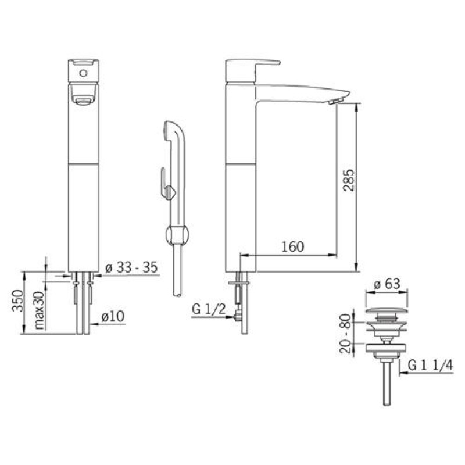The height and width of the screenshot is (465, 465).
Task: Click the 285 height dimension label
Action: click(348, 180)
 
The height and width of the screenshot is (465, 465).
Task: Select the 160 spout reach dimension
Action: click(293, 246)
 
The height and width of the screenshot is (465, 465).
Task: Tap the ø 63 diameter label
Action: click(387, 284)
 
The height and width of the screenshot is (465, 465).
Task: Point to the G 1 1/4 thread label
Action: click(430, 366)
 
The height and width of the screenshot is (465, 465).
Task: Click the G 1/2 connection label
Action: click(209, 310)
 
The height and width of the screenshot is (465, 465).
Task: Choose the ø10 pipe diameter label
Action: click(113, 316)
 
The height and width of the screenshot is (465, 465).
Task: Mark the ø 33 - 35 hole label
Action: click(131, 267)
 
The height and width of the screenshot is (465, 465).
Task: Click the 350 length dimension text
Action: click(17, 301)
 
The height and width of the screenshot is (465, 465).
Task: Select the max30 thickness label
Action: click(39, 310)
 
